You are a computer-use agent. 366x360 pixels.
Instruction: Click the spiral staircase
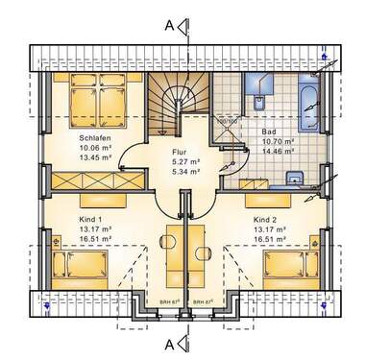174,104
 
